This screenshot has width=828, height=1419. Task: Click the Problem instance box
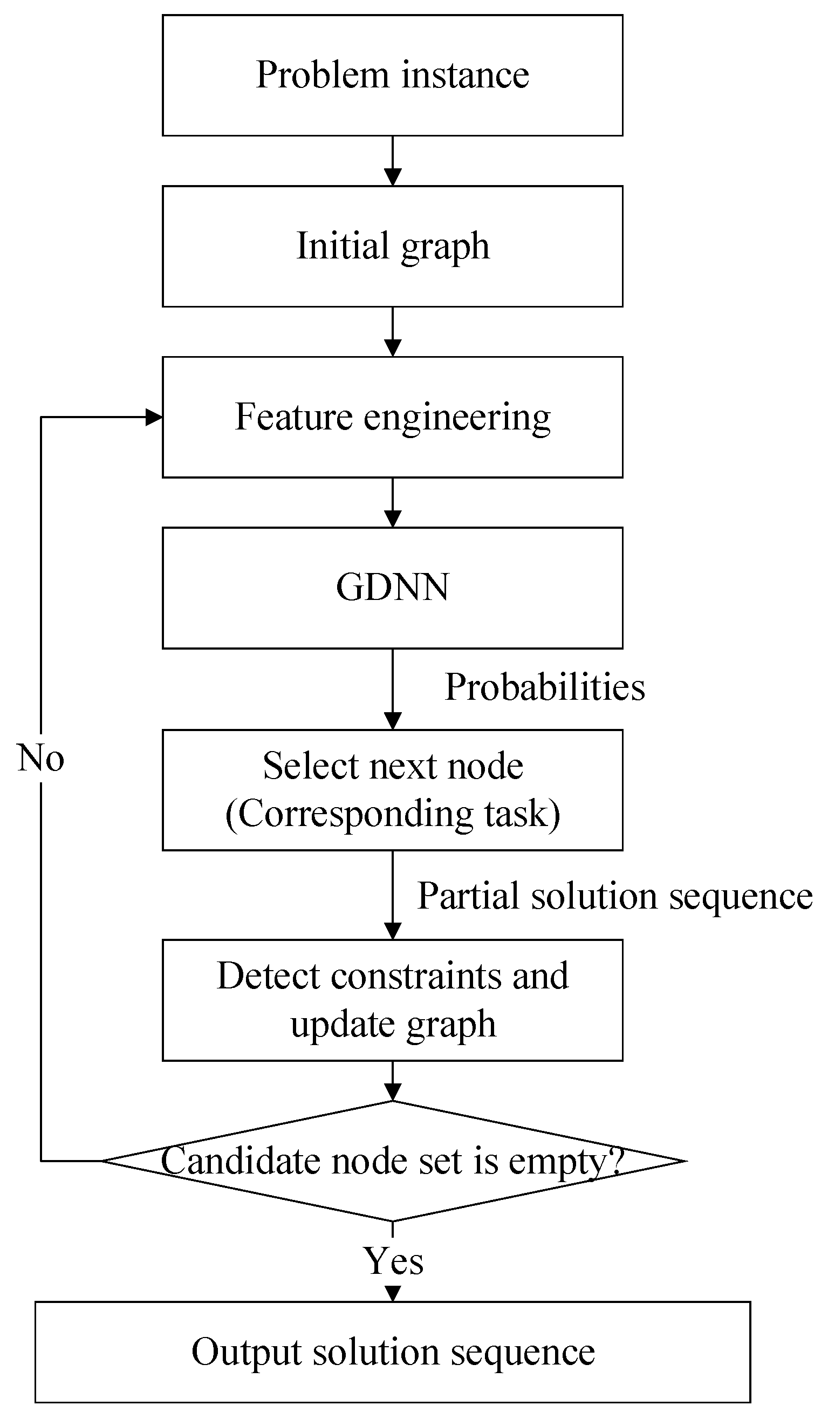tap(392, 75)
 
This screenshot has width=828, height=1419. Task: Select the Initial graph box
tap(392, 246)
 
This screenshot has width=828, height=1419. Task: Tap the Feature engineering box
tap(392, 417)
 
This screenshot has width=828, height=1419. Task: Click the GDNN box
tap(392, 588)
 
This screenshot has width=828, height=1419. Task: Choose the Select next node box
tap(392, 789)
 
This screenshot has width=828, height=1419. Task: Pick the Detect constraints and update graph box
tap(392, 999)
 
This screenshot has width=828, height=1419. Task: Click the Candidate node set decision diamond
tap(392, 1161)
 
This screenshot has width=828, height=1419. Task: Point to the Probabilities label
tap(544, 688)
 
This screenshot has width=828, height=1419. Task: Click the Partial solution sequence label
tap(615, 896)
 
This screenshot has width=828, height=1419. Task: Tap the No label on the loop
tap(40, 758)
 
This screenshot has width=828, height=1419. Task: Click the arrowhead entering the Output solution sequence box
tap(393, 1293)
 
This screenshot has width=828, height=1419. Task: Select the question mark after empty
tap(617, 1159)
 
